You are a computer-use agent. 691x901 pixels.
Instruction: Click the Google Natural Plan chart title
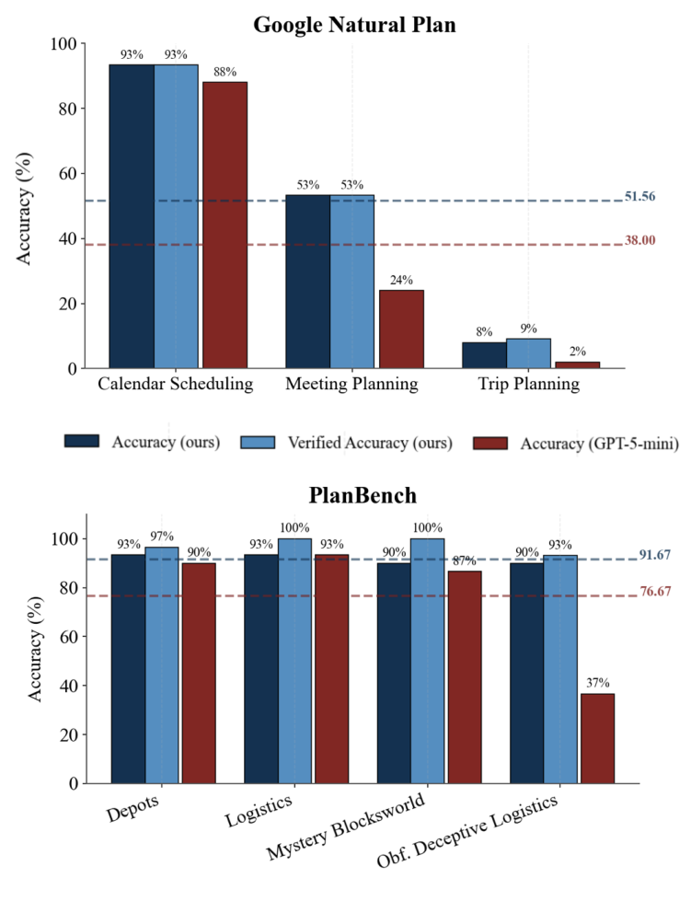click(x=354, y=25)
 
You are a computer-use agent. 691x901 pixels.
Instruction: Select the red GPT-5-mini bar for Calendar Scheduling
click(x=225, y=225)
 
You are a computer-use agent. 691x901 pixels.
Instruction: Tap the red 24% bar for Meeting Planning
click(x=401, y=329)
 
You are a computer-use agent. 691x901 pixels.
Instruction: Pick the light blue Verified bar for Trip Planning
click(x=529, y=353)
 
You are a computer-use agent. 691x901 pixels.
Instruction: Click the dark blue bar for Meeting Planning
click(x=307, y=282)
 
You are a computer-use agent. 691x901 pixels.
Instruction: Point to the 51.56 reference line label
click(x=640, y=197)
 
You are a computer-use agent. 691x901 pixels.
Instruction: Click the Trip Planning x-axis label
click(x=528, y=385)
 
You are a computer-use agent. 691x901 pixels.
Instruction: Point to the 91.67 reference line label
click(x=654, y=555)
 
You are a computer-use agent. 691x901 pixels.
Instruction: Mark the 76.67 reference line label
click(x=654, y=595)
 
